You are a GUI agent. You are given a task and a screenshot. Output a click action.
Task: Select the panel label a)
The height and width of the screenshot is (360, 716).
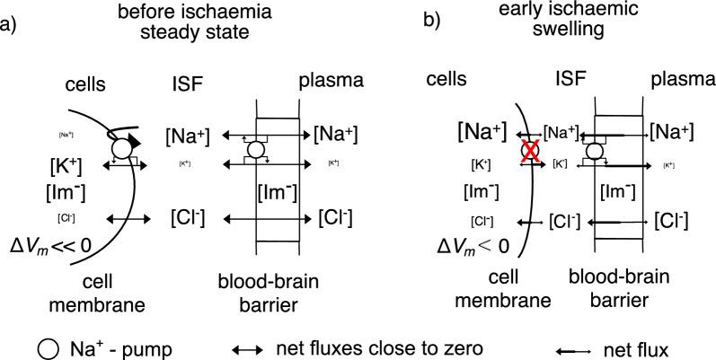coord(8,19)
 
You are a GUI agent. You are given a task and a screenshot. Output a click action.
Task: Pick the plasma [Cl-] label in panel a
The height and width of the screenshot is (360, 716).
coord(335,218)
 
